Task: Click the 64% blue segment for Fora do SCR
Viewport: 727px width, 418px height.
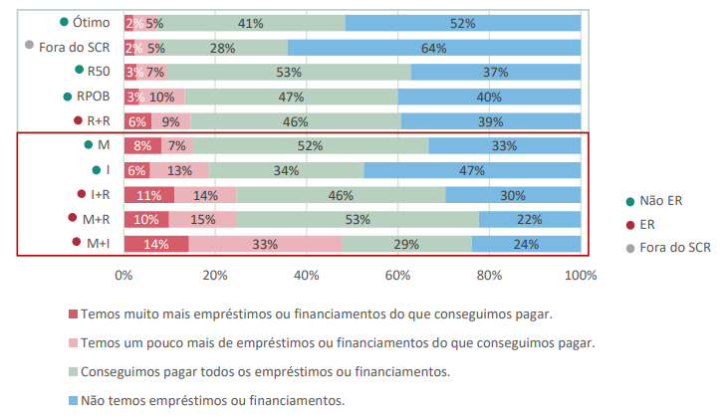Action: pyautogui.click(x=433, y=47)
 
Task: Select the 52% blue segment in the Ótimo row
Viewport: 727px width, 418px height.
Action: pyautogui.click(x=462, y=22)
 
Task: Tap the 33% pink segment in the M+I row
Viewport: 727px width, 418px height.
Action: pyautogui.click(x=265, y=244)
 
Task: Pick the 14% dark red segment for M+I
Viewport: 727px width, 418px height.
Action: pyautogui.click(x=155, y=244)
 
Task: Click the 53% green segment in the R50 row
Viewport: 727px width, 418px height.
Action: pyautogui.click(x=289, y=72)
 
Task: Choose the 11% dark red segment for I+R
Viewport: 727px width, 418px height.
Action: pyautogui.click(x=148, y=195)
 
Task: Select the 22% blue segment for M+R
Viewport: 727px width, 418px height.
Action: pyautogui.click(x=529, y=219)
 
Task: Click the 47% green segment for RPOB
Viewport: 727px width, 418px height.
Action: pyautogui.click(x=291, y=97)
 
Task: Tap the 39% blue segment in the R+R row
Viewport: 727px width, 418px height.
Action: pyautogui.click(x=490, y=121)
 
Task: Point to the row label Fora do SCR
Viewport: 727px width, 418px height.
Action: pyautogui.click(x=75, y=47)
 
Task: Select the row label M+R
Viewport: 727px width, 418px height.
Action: pyautogui.click(x=97, y=219)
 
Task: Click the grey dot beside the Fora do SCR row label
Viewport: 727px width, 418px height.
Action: pyautogui.click(x=30, y=45)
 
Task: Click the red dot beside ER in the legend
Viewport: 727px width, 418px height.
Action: pyautogui.click(x=620, y=224)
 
